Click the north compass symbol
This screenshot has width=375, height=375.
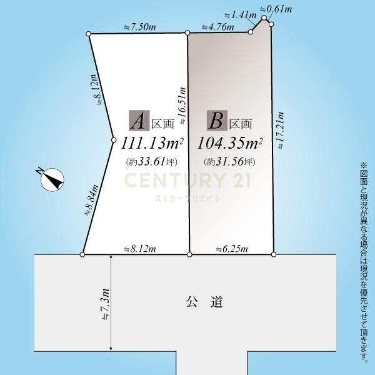pos(51,179)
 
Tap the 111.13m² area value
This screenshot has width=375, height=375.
pos(152,143)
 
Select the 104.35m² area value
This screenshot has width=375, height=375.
pos(229,143)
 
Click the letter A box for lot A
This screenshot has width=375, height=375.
pos(139,120)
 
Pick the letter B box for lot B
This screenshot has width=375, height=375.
pos(217,120)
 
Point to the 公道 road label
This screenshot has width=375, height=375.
pos(205,302)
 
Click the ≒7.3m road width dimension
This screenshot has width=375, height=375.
pos(105,304)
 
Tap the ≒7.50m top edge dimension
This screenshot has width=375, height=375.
pos(140,27)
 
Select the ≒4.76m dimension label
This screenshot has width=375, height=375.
pos(218,27)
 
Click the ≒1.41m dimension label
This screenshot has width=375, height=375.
pos(241,15)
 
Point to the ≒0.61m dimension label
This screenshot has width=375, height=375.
pos(276,9)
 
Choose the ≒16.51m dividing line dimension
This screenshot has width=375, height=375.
pos(182,106)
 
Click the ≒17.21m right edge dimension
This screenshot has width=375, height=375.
pos(280,131)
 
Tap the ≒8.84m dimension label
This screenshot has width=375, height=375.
pos(92,200)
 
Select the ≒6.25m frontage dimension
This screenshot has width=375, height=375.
pos(232,249)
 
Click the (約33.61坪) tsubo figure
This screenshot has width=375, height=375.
pos(152,162)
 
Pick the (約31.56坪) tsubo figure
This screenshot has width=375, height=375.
pos(229,162)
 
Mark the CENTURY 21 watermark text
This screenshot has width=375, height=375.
pos(187,180)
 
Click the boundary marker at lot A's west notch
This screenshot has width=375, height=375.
pos(114,140)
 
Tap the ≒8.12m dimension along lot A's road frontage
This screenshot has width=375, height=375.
pos(140,249)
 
